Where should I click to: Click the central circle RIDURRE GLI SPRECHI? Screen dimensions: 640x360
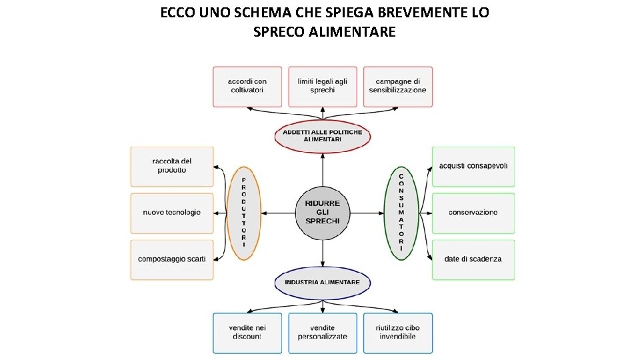pyautogui.click(x=323, y=213)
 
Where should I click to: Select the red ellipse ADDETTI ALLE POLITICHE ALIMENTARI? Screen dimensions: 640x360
pyautogui.click(x=323, y=136)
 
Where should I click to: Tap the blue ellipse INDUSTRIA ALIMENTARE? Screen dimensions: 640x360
pyautogui.click(x=323, y=283)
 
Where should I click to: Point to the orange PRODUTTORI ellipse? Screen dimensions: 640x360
pyautogui.click(x=244, y=213)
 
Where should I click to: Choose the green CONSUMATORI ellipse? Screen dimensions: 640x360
pyautogui.click(x=401, y=213)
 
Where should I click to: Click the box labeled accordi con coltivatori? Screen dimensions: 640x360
pyautogui.click(x=247, y=87)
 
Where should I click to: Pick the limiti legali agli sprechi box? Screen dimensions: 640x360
pyautogui.click(x=323, y=87)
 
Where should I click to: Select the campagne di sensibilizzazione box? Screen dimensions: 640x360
pyautogui.click(x=398, y=87)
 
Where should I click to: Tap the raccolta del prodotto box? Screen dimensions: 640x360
pyautogui.click(x=172, y=167)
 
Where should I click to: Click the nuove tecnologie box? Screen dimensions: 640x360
pyautogui.click(x=172, y=213)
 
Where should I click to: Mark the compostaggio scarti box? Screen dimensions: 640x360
pyautogui.click(x=172, y=259)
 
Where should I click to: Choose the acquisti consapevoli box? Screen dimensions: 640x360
pyautogui.click(x=473, y=167)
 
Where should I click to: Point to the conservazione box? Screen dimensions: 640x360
pyautogui.click(x=473, y=213)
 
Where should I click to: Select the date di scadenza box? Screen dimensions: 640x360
pyautogui.click(x=473, y=259)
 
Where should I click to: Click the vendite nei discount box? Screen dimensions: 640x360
pyautogui.click(x=247, y=333)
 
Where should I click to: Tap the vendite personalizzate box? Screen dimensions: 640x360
pyautogui.click(x=323, y=333)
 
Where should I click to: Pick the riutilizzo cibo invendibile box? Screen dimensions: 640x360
pyautogui.click(x=398, y=333)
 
